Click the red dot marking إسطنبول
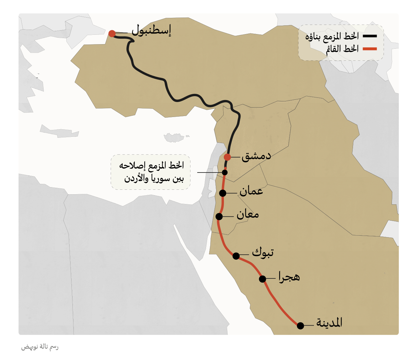(x=112, y=33)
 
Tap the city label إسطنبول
(x=151, y=30)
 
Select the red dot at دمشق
(x=227, y=157)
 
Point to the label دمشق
(x=256, y=156)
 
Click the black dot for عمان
(x=223, y=193)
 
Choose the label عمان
(x=251, y=191)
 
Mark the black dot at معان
(x=219, y=216)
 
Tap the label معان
(x=248, y=214)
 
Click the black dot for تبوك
(x=236, y=256)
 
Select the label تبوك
(x=263, y=252)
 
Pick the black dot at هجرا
(x=263, y=279)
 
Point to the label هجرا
(x=289, y=277)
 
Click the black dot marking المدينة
(x=300, y=326)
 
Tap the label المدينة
(x=329, y=323)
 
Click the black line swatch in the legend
(x=370, y=36)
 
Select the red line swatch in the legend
(x=370, y=49)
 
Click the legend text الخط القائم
(x=342, y=49)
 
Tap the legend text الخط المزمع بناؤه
(x=332, y=36)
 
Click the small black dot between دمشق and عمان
(x=225, y=173)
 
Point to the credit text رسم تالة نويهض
(x=40, y=347)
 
